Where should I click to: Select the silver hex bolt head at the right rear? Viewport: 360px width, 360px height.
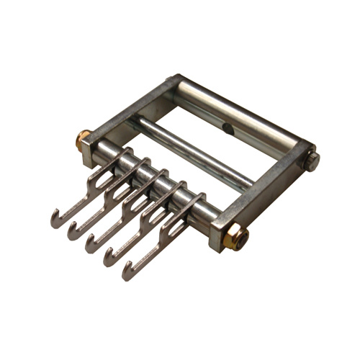click(311, 160)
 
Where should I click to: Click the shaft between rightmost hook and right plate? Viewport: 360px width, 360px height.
click(209, 213)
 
